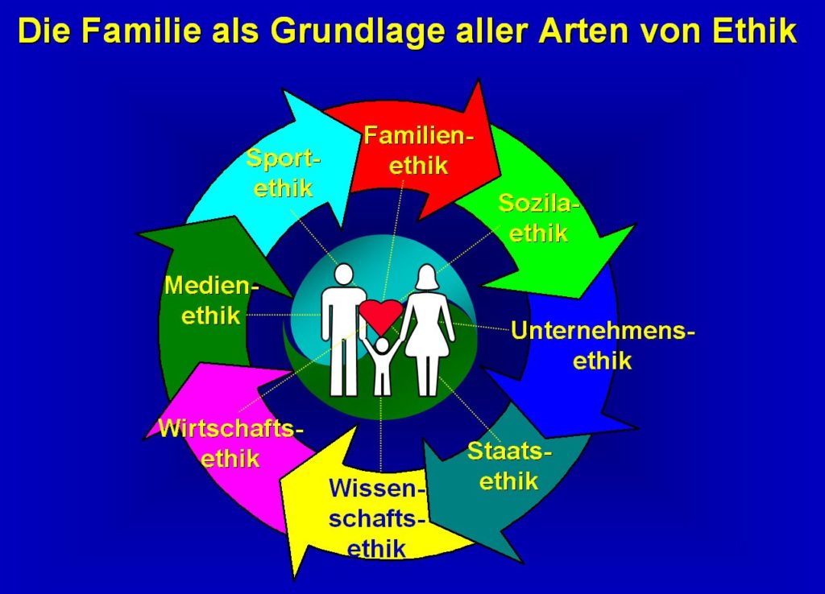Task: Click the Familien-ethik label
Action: tap(419, 151)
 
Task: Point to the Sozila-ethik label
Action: tap(537, 217)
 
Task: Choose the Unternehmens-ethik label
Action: tap(603, 346)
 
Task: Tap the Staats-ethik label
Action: tap(509, 466)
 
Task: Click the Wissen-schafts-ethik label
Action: tap(377, 518)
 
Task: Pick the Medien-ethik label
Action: tap(212, 300)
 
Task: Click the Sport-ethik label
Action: tap(283, 173)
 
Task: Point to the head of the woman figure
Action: tap(427, 277)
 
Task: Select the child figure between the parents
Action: tap(383, 366)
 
